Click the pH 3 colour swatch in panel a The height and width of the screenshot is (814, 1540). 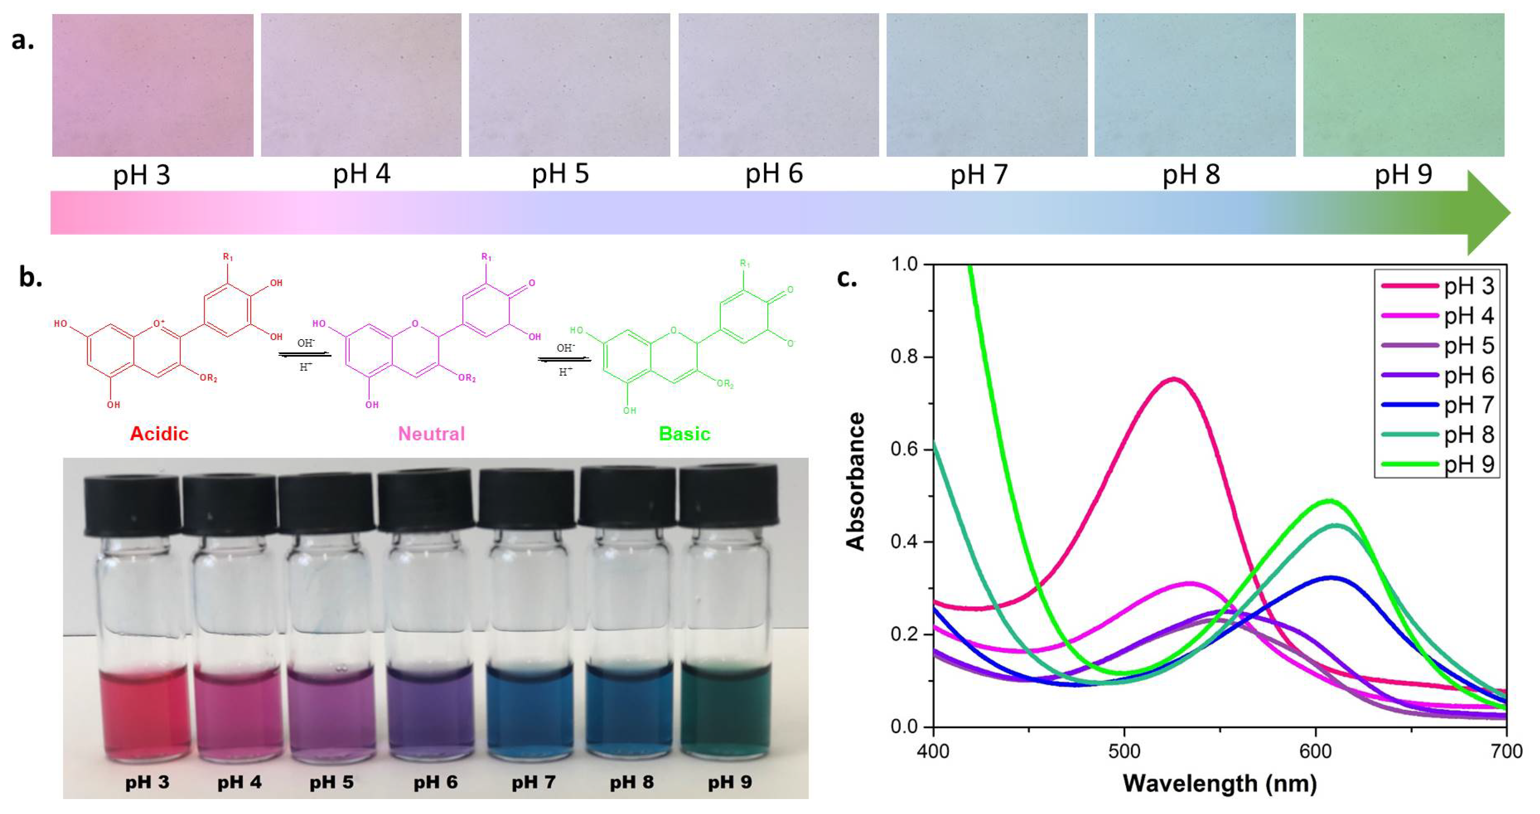click(x=152, y=85)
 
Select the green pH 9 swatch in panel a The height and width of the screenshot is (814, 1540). click(x=1403, y=85)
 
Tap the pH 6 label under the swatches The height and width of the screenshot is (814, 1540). click(x=774, y=174)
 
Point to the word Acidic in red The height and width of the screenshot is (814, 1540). click(x=159, y=434)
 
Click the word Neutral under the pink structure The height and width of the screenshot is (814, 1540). click(x=431, y=434)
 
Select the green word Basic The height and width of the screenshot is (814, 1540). click(x=684, y=434)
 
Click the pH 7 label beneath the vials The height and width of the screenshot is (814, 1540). click(x=533, y=782)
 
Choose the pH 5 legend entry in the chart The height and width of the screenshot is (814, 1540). click(x=1468, y=346)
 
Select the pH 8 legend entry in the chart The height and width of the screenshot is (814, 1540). click(x=1468, y=435)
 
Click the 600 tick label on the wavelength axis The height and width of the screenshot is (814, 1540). click(x=1315, y=751)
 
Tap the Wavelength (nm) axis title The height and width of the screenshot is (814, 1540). click(x=1220, y=784)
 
